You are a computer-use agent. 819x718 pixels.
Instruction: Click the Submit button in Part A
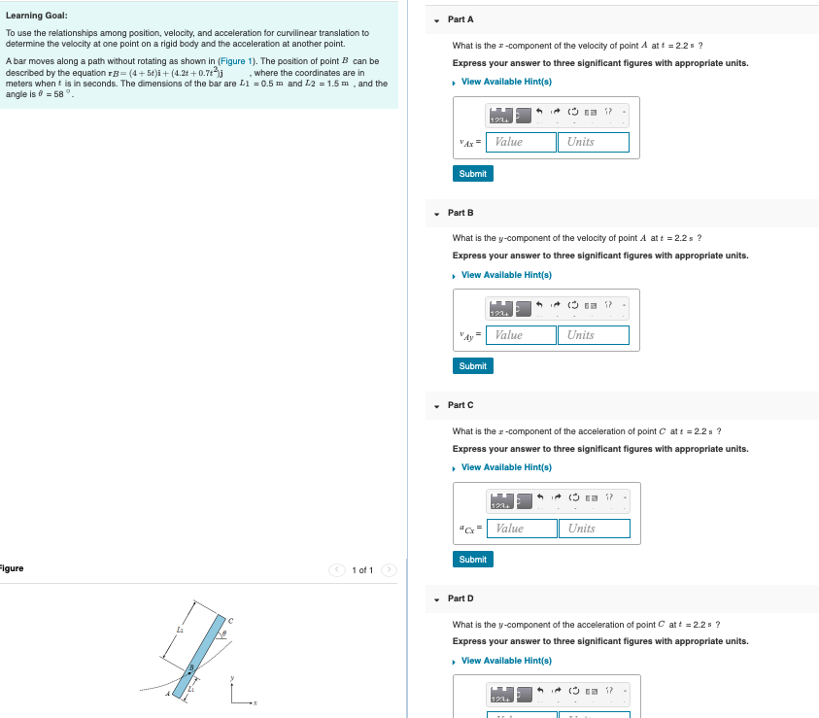point(472,173)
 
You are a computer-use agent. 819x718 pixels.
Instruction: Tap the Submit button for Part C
point(472,559)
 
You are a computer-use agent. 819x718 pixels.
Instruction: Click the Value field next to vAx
point(522,142)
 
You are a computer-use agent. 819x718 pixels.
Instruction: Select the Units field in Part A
point(594,142)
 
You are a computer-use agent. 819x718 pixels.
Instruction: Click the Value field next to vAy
point(522,335)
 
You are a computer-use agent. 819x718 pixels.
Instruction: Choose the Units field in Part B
point(594,335)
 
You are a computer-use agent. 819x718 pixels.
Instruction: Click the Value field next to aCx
point(523,529)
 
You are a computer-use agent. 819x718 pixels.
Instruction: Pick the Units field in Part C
point(595,529)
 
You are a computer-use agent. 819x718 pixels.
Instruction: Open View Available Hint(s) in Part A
point(506,82)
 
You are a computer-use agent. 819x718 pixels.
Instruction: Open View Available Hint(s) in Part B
point(506,275)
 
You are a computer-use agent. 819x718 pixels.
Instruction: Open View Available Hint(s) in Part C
point(506,467)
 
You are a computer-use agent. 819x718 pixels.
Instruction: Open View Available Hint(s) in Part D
point(506,661)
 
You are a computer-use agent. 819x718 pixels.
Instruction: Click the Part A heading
point(461,19)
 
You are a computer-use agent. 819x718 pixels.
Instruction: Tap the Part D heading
point(461,598)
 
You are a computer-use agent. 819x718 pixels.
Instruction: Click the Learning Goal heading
point(37,16)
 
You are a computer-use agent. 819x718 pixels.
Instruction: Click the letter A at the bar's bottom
point(168,694)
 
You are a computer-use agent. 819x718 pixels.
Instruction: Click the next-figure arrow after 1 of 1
point(389,569)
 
